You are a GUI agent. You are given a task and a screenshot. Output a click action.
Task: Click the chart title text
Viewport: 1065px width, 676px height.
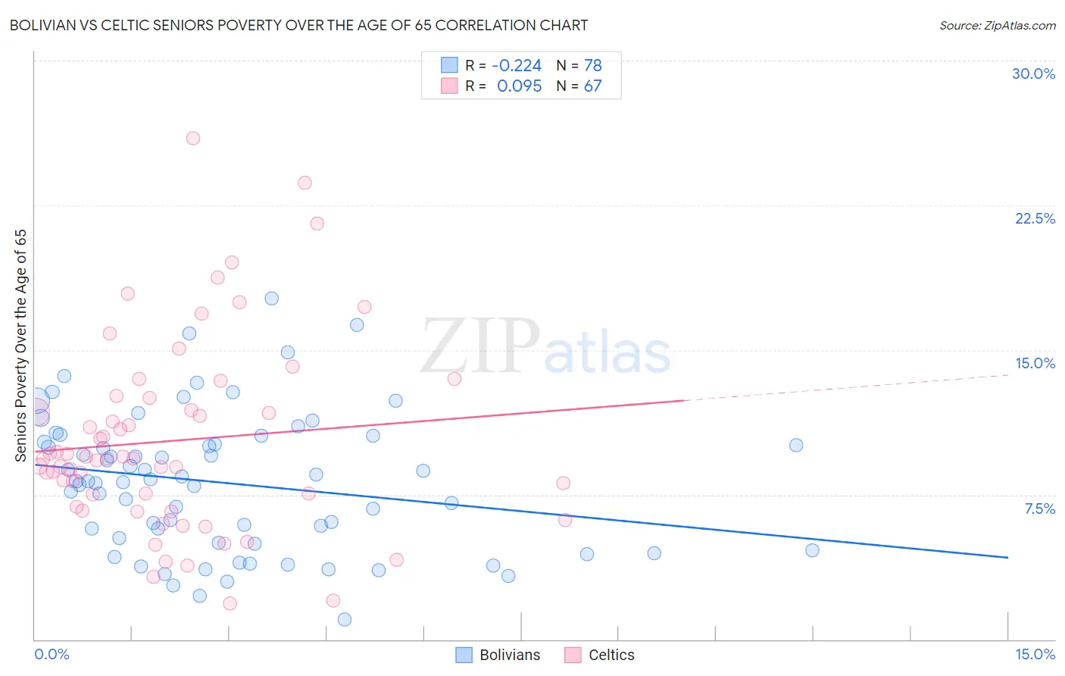(298, 25)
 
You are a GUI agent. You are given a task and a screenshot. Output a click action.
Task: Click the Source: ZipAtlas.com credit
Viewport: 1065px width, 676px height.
(997, 25)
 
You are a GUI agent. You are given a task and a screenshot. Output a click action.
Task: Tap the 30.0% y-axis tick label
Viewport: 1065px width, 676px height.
(1033, 74)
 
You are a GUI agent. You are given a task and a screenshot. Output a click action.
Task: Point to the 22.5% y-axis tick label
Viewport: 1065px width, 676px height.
(1035, 218)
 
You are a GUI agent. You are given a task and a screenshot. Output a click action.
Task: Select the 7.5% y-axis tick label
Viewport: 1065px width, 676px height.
(1039, 509)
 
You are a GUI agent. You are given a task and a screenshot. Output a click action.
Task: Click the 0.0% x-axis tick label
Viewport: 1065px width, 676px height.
(52, 654)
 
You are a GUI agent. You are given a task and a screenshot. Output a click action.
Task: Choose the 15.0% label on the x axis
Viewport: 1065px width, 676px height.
(1035, 654)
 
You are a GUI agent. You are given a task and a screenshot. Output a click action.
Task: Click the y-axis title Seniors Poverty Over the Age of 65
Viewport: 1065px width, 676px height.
(20, 345)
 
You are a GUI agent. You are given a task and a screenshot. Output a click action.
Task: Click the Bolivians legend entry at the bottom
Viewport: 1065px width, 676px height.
(498, 655)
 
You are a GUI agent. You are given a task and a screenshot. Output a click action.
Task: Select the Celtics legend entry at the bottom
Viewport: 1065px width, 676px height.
(600, 655)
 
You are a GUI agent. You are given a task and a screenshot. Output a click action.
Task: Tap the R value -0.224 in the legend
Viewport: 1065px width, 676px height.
(517, 65)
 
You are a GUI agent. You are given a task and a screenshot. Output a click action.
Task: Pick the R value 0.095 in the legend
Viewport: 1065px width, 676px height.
(519, 86)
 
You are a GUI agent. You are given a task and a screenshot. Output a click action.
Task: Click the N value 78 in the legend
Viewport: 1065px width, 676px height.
(592, 65)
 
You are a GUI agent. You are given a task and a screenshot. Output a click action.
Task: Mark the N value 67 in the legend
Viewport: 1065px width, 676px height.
(592, 86)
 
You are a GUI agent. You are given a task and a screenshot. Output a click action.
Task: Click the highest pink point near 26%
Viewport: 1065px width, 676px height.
(193, 138)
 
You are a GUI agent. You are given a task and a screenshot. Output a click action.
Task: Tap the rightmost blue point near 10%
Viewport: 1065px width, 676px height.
(796, 445)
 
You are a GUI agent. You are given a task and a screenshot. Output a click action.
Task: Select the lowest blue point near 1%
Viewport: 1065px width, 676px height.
(345, 619)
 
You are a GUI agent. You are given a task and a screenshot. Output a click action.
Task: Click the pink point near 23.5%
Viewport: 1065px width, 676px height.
(305, 183)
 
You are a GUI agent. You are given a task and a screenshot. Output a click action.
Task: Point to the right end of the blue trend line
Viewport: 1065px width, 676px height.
(1007, 557)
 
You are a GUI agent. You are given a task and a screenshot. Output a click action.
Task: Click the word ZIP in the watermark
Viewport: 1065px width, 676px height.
(479, 347)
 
